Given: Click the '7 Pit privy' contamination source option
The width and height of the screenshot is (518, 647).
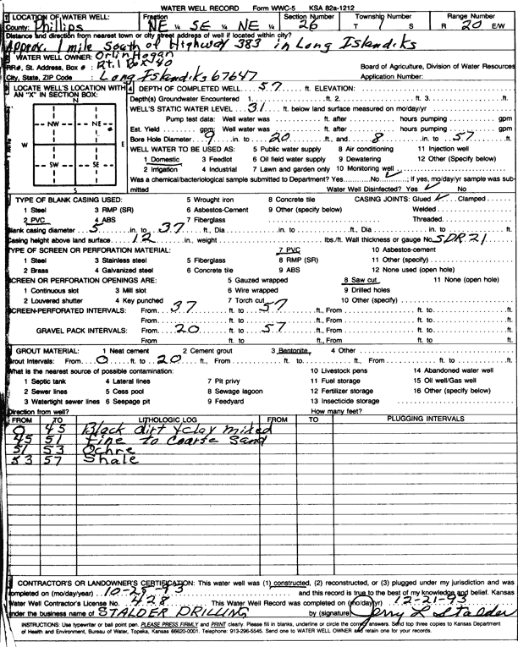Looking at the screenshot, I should pyautogui.click(x=224, y=381).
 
